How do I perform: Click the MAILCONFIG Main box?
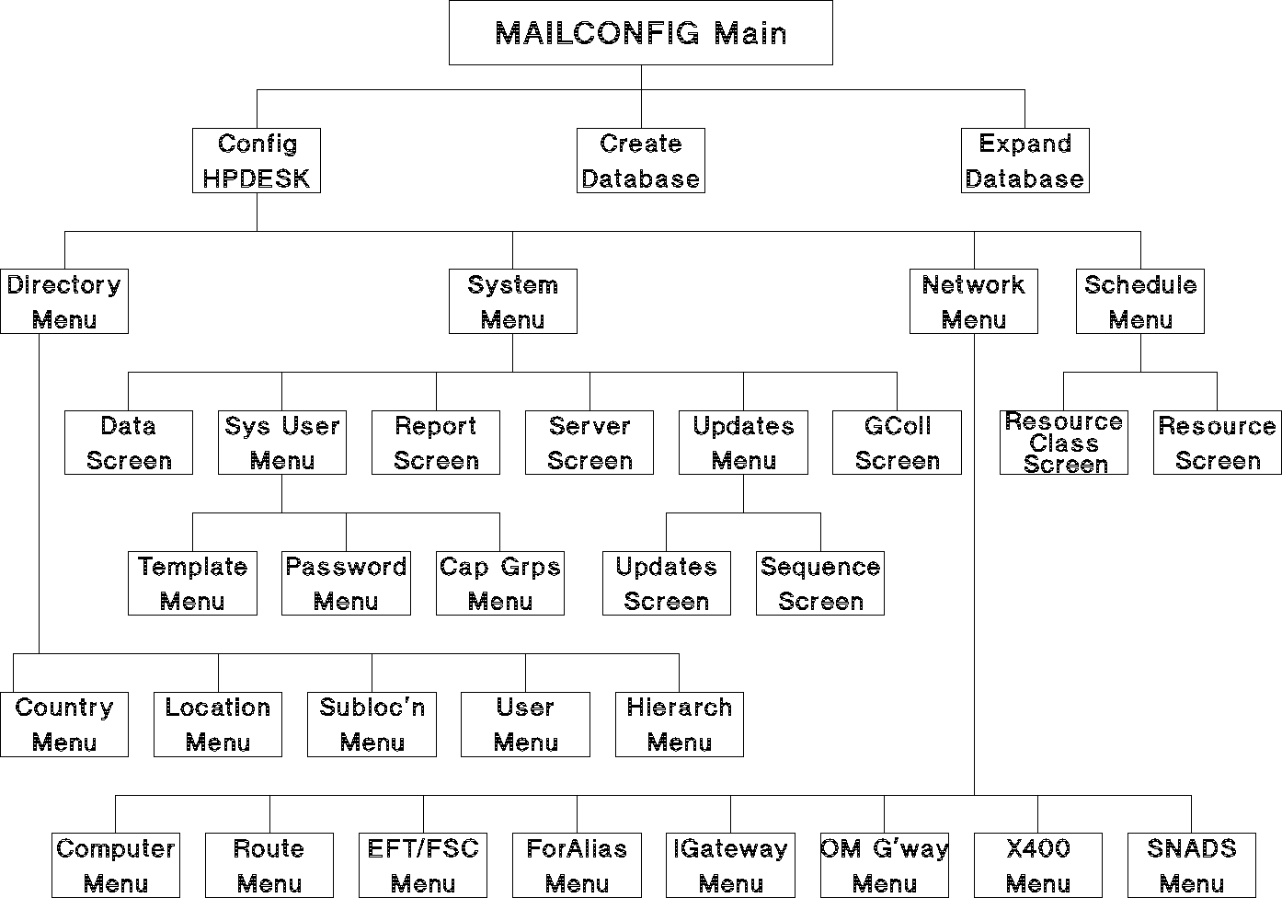point(640,33)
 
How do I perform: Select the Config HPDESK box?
point(257,161)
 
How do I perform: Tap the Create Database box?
point(641,161)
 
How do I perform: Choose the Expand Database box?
point(1025,161)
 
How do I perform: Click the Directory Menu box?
point(64,302)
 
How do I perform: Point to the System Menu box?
point(513,302)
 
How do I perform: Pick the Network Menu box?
point(974,302)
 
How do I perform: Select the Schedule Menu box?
point(1140,302)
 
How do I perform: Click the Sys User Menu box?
point(282,443)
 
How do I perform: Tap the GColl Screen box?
point(898,443)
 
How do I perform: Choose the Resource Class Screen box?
point(1064,443)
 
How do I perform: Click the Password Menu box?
point(347,584)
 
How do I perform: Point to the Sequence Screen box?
point(820,584)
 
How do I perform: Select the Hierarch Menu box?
point(680,725)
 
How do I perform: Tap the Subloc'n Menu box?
point(372,725)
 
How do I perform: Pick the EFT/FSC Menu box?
point(423,866)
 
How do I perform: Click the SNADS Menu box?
point(1192,866)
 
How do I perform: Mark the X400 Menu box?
point(1038,866)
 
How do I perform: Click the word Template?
point(192,567)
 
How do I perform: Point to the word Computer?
point(116,848)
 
